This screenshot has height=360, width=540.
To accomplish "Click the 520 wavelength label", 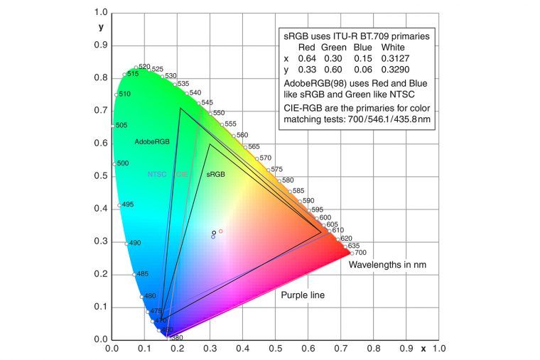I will pyautogui.click(x=144, y=67).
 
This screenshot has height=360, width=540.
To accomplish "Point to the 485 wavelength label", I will pyautogui.click(x=142, y=274).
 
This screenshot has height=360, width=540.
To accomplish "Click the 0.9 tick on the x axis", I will pyautogui.click(x=406, y=350).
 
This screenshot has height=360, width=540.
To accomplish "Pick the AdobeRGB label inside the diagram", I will pyautogui.click(x=152, y=142).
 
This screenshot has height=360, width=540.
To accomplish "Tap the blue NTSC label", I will pyautogui.click(x=157, y=174).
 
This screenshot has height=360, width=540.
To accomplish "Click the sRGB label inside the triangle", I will pyautogui.click(x=215, y=174).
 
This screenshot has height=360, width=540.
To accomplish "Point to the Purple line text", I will pyautogui.click(x=303, y=295).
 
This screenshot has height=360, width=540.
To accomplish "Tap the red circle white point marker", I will pyautogui.click(x=221, y=231).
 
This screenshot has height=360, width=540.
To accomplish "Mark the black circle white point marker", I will pyautogui.click(x=214, y=232).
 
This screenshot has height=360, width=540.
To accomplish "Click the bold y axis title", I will pyautogui.click(x=101, y=27).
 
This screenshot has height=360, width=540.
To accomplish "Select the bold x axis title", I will pyautogui.click(x=423, y=349).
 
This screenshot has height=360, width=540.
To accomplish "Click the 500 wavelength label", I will pyautogui.click(x=122, y=163).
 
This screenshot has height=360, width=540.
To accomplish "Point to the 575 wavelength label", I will pyautogui.click(x=277, y=169).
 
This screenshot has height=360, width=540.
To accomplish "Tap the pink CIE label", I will pyautogui.click(x=183, y=174).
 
